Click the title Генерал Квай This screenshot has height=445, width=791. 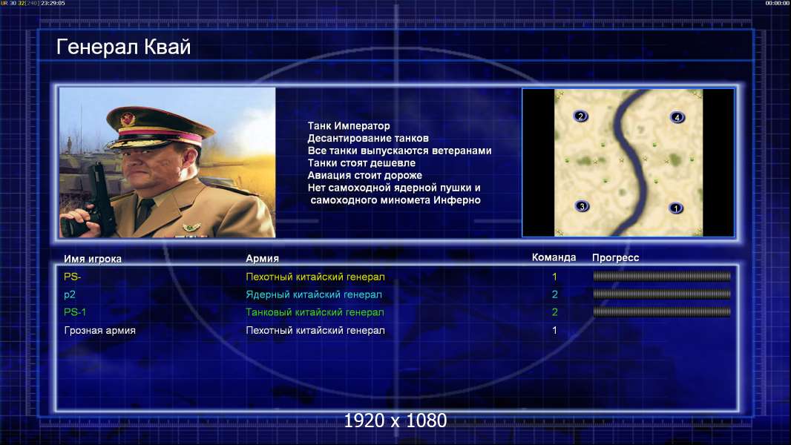coord(124,47)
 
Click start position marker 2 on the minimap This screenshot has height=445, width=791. coord(580,116)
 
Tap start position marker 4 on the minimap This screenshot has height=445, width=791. coord(677,117)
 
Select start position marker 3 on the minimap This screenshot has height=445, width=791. coord(582,206)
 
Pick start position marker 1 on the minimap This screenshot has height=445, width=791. coord(676,208)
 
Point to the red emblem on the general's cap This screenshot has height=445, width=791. coord(128,119)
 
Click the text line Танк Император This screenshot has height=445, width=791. coord(349,126)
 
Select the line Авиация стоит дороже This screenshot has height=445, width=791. coord(365,175)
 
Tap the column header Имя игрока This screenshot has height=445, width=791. coord(92,259)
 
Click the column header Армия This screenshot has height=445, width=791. coord(263,259)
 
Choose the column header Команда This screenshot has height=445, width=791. coord(554,257)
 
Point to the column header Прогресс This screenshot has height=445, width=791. coord(615,257)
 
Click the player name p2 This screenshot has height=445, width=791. coord(70,295)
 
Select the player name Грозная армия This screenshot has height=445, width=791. coord(100,331)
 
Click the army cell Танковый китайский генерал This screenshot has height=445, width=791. coord(315,312)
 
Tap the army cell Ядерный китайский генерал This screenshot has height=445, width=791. coord(314,295)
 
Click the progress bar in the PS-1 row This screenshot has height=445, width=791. coord(662,312)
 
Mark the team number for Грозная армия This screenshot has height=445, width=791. coord(554,331)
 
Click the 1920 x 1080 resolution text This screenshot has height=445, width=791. coord(395,421)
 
